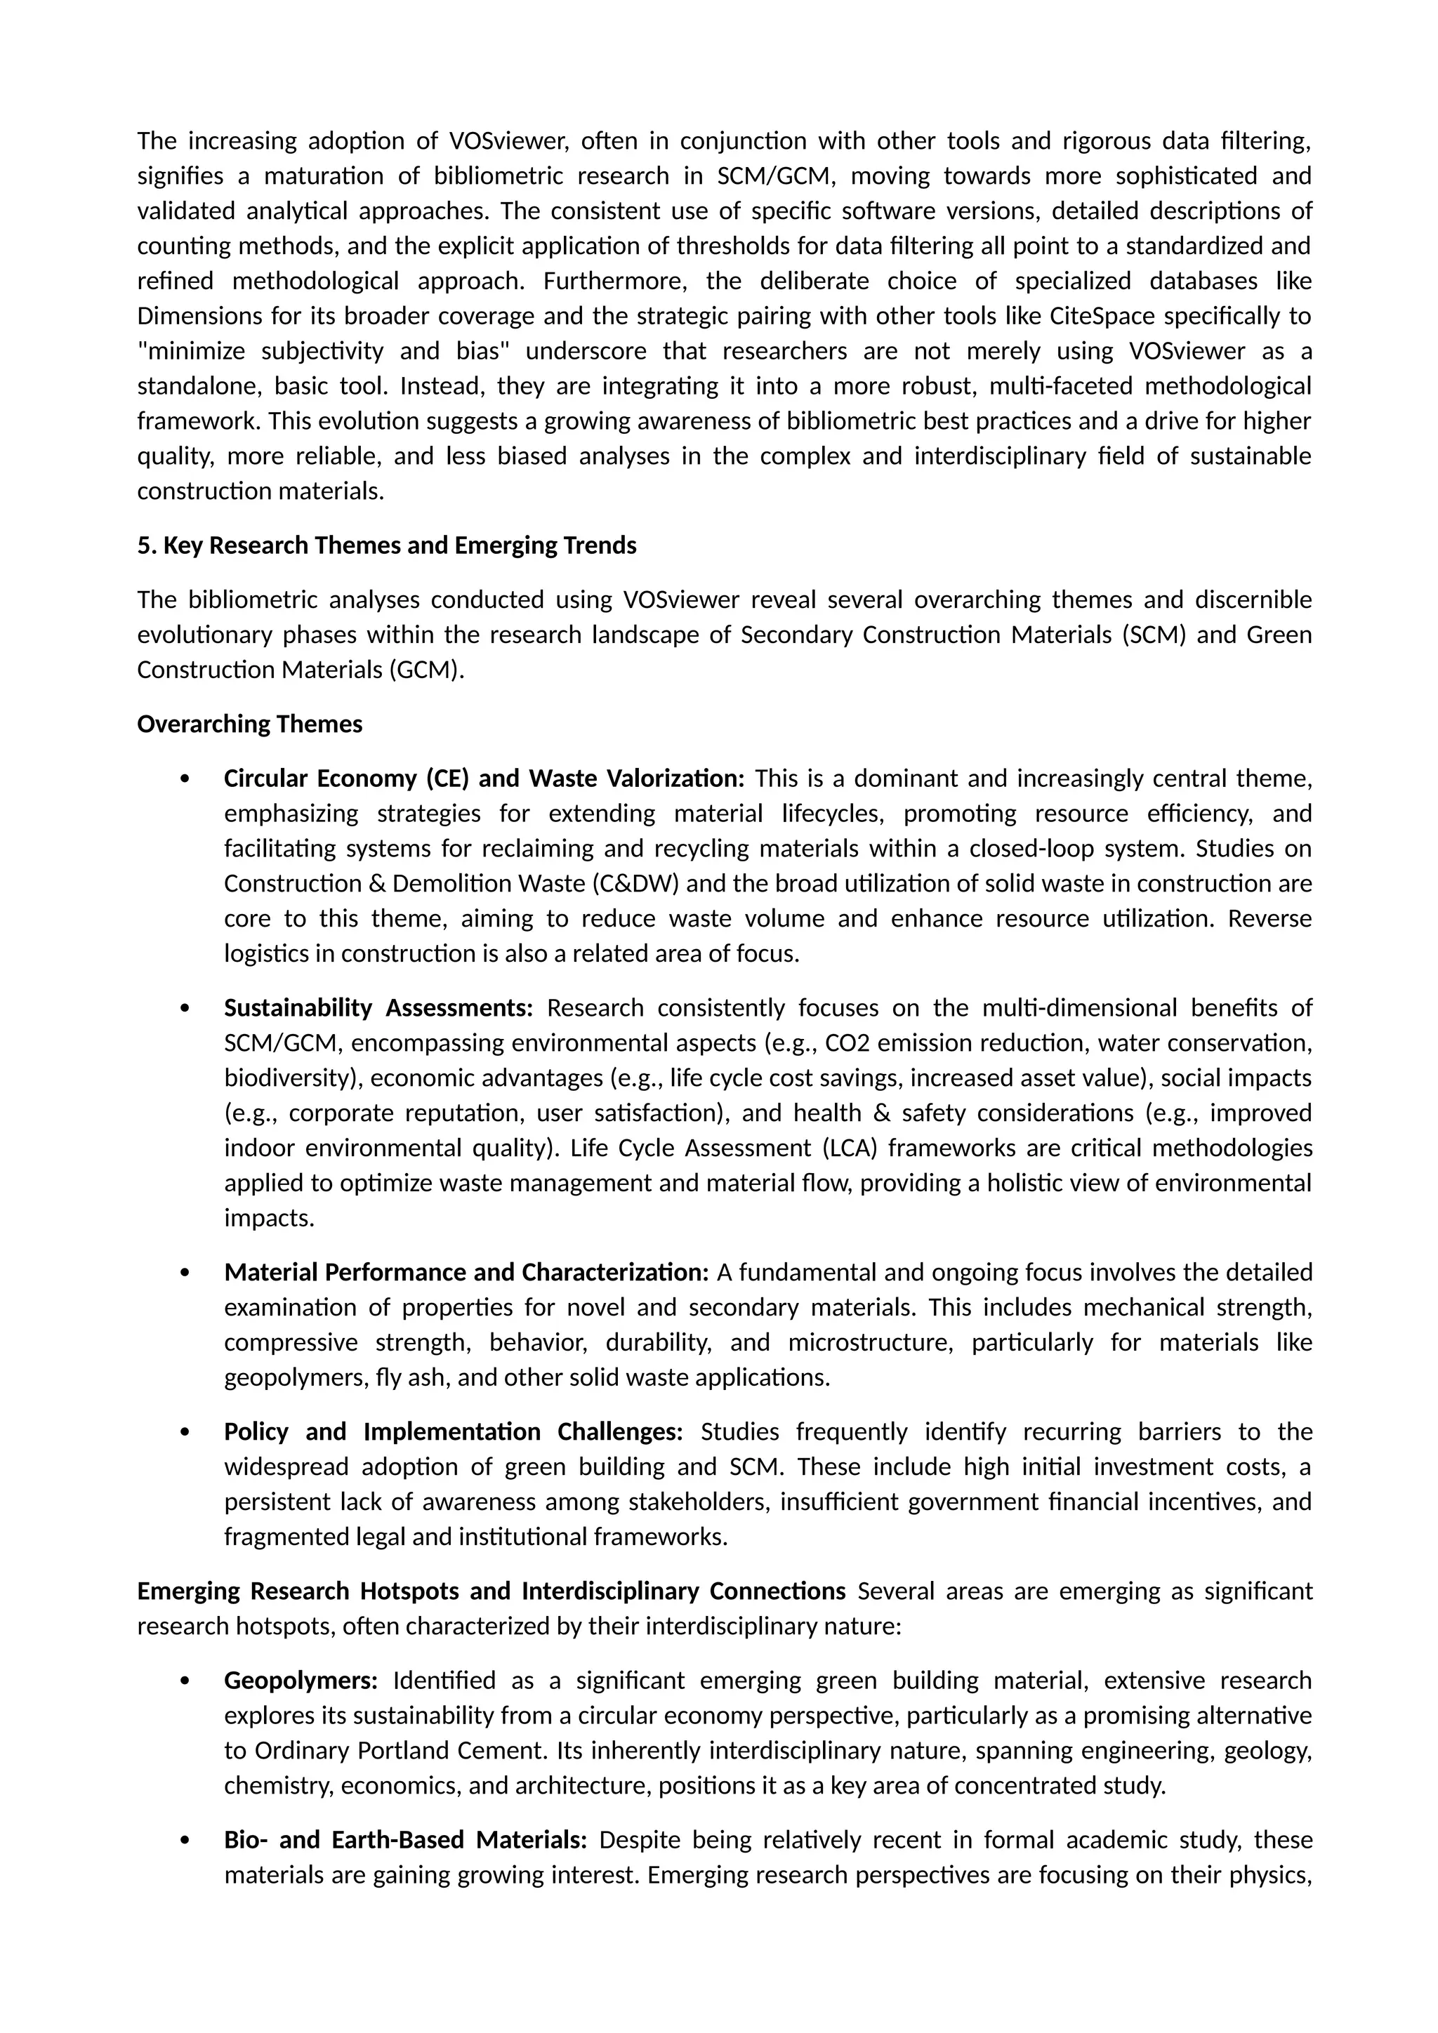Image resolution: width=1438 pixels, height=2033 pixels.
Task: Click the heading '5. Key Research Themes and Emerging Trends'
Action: pos(386,545)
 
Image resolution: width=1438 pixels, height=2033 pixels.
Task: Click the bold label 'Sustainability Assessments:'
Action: pos(378,1007)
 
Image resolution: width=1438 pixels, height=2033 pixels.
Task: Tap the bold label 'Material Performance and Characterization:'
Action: pos(466,1273)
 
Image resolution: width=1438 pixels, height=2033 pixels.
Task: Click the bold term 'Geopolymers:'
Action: pos(301,1681)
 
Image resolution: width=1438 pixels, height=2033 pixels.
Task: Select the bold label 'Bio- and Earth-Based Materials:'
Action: pos(404,1840)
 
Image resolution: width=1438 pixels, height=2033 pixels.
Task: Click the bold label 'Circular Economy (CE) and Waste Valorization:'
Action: pos(484,779)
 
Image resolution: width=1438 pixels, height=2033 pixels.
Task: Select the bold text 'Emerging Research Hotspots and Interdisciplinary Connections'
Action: pos(491,1591)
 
